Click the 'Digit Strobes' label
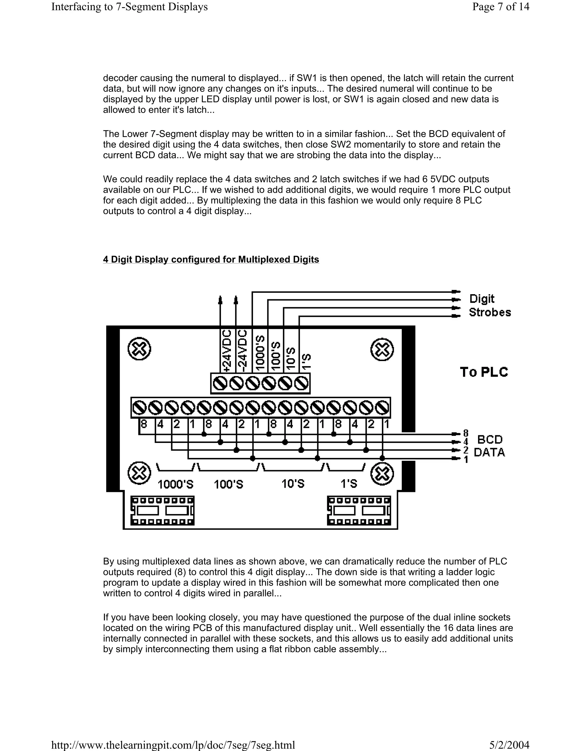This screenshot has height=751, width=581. click(x=489, y=305)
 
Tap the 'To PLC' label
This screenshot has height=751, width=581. click(x=484, y=372)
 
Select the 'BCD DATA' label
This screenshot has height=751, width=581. click(x=489, y=446)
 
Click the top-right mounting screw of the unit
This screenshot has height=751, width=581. click(x=382, y=350)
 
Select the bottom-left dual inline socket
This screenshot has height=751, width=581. click(x=162, y=511)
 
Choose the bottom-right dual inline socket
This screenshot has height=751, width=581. click(x=359, y=511)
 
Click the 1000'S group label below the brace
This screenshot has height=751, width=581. click(x=176, y=485)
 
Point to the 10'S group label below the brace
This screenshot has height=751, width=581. click(x=293, y=484)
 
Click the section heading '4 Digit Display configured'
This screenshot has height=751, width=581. click(x=211, y=259)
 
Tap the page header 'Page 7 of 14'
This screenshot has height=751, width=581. click(x=500, y=7)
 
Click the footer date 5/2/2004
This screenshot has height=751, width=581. click(x=509, y=745)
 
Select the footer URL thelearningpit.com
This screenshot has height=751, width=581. click(x=173, y=745)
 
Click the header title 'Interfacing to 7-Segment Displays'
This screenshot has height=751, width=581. click(x=129, y=7)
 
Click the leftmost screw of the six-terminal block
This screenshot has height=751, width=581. click(x=220, y=383)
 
